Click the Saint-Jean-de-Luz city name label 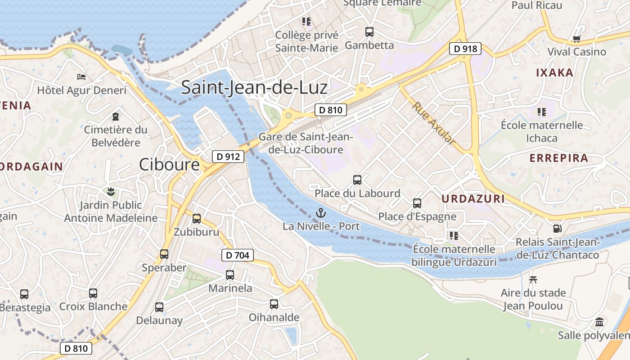coord(254,87)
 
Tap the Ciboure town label coord(169,164)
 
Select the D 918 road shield coord(465,49)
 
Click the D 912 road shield coord(228,157)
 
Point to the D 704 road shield coord(238,256)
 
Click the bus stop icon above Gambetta coord(369,31)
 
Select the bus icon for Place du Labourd coord(357,180)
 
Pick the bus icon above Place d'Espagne coord(417,203)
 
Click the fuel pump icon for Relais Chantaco coord(557,229)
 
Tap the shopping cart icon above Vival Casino coord(576,39)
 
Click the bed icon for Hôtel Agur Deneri coord(81,77)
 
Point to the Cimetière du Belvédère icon coord(116,117)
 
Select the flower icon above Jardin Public coord(111,192)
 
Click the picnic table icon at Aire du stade coord(533,279)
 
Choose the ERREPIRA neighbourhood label coord(559,158)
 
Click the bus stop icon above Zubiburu coord(197,219)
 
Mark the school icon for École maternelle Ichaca coord(542,112)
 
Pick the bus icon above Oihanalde coord(274,304)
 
